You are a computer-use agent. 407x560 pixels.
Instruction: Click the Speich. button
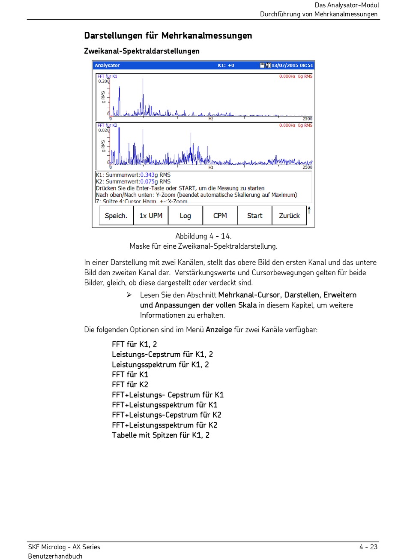(x=116, y=216)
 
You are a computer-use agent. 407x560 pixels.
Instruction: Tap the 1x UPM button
(x=151, y=216)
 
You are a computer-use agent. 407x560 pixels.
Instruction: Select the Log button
(x=186, y=216)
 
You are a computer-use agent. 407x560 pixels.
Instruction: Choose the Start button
(x=254, y=216)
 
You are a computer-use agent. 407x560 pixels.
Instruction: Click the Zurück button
(x=289, y=216)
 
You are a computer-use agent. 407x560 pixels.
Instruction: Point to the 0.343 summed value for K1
(x=147, y=175)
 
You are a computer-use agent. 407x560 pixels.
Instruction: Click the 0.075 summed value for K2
(x=147, y=181)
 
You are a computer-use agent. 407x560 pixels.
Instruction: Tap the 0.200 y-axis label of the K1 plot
(x=104, y=81)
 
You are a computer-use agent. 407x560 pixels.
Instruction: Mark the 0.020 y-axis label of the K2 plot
(x=104, y=130)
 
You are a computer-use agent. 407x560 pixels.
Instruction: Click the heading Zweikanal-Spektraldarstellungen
(x=142, y=51)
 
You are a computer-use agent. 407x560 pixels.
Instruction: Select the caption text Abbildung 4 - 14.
(x=203, y=236)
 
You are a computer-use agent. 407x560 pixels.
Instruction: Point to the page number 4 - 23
(x=368, y=547)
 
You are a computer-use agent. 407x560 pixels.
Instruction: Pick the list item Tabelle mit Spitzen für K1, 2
(x=161, y=435)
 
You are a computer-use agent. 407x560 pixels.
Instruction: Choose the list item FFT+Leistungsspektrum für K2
(x=165, y=425)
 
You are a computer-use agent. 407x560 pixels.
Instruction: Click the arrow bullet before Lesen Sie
(x=129, y=295)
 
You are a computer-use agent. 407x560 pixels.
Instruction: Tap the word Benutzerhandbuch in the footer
(x=55, y=556)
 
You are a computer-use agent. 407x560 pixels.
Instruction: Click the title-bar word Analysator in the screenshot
(x=107, y=66)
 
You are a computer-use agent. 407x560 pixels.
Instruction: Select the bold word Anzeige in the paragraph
(x=219, y=330)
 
